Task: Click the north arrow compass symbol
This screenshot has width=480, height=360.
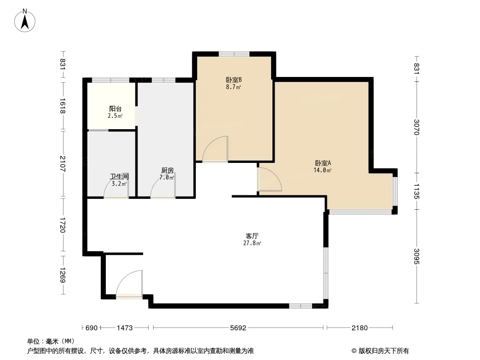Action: pyautogui.click(x=25, y=21)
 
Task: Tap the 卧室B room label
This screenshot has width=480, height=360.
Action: pyautogui.click(x=234, y=80)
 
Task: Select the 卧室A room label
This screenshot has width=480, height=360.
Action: pyautogui.click(x=323, y=163)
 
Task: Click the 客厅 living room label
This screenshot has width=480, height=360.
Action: pyautogui.click(x=252, y=236)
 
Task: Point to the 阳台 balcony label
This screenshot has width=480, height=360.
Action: pyautogui.click(x=115, y=108)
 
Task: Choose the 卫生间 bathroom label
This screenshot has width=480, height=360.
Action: pyautogui.click(x=119, y=176)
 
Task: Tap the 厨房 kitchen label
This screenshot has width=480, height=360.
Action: pyautogui.click(x=168, y=171)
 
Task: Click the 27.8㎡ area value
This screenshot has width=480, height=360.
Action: pyautogui.click(x=252, y=243)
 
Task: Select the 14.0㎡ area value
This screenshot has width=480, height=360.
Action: pyautogui.click(x=322, y=171)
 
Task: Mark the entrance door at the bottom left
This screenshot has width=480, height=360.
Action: pyautogui.click(x=129, y=283)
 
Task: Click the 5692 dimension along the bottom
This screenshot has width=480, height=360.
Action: pyautogui.click(x=238, y=328)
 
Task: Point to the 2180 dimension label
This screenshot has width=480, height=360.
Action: pyautogui.click(x=359, y=328)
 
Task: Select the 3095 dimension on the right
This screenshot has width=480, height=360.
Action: pyautogui.click(x=417, y=256)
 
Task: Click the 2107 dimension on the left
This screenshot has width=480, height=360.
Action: pyautogui.click(x=63, y=164)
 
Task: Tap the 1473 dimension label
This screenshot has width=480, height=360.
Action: pyautogui.click(x=125, y=328)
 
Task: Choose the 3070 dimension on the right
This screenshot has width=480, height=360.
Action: pyautogui.click(x=417, y=127)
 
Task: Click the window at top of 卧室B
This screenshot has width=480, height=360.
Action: pyautogui.click(x=234, y=54)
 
